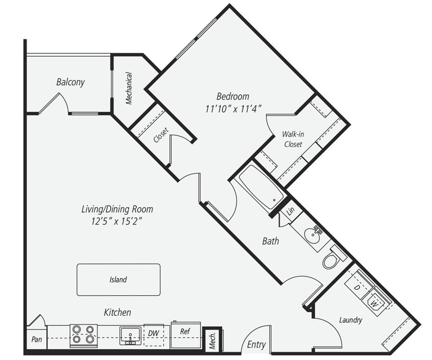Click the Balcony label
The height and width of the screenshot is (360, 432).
click(x=70, y=82)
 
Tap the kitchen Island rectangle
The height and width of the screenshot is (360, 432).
click(x=118, y=280)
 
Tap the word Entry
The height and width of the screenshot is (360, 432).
click(x=256, y=345)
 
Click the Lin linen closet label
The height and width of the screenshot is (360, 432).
click(x=290, y=210)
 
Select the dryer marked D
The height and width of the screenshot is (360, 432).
click(x=357, y=287)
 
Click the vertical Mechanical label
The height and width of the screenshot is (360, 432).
click(x=129, y=88)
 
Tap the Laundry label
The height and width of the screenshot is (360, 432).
click(x=350, y=321)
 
